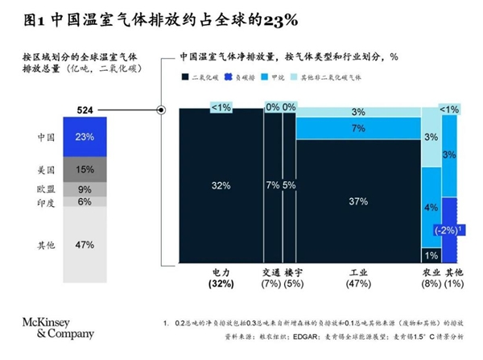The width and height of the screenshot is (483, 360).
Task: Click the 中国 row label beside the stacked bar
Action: click(47, 137)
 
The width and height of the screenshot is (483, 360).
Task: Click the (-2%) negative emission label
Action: click(449, 230)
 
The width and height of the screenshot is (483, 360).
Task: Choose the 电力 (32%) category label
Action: click(221, 279)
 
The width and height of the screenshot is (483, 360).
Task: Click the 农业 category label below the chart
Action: click(431, 273)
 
